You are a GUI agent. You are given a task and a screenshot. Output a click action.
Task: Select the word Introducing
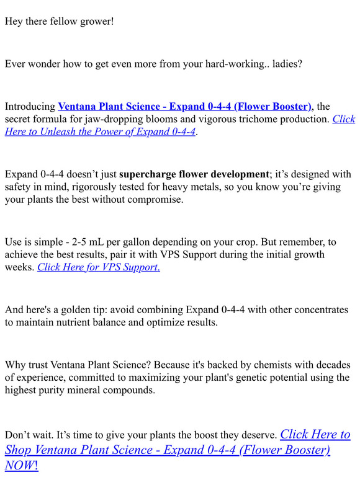pos(30,107)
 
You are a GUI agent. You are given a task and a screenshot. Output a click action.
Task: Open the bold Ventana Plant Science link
pos(184,107)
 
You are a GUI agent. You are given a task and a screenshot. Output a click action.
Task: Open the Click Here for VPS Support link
pos(99,267)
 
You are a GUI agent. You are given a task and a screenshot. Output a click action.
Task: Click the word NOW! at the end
pos(22,465)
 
